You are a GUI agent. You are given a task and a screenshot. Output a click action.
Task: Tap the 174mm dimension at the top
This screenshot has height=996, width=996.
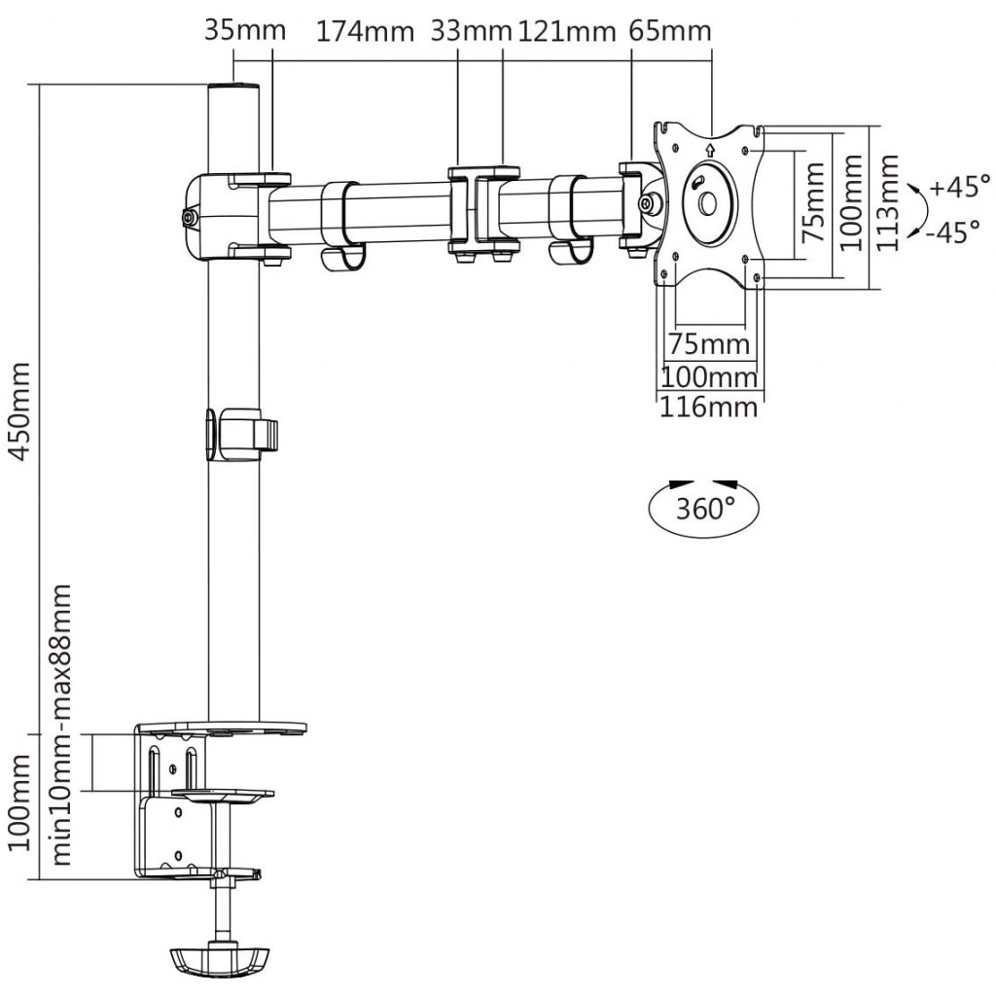click(x=365, y=31)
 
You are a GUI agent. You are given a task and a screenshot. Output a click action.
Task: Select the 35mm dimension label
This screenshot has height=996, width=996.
click(x=245, y=30)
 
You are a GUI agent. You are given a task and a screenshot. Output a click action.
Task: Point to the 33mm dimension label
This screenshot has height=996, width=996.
click(x=471, y=30)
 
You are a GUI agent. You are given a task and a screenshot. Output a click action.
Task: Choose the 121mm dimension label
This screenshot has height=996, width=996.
click(x=567, y=30)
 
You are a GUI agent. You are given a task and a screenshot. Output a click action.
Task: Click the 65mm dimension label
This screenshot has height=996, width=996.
click(x=670, y=30)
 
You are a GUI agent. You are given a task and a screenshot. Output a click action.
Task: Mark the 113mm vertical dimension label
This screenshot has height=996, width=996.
click(x=888, y=202)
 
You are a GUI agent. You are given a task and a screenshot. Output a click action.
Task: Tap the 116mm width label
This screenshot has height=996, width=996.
click(x=709, y=407)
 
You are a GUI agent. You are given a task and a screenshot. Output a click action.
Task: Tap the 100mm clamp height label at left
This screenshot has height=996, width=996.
click(x=19, y=802)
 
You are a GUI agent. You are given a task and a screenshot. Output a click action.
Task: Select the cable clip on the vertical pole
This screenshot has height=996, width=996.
click(x=242, y=435)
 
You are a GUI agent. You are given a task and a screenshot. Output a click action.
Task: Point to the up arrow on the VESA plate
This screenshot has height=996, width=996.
click(x=709, y=150)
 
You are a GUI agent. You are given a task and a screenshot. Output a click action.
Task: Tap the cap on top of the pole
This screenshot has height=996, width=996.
click(x=234, y=86)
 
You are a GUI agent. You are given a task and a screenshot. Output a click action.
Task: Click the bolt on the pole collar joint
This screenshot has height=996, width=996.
click(x=189, y=218)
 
